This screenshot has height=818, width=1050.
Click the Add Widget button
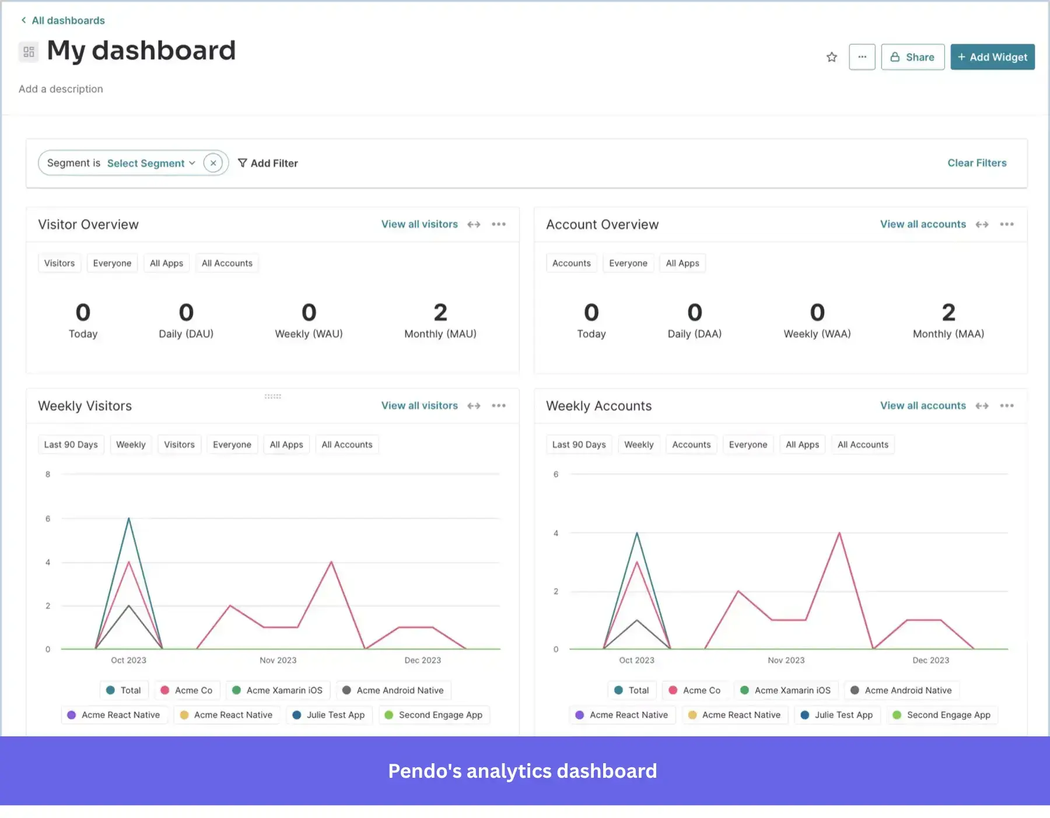992,57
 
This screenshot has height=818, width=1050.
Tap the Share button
912,57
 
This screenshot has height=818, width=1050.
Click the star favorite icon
832,57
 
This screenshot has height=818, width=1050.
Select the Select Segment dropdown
150,163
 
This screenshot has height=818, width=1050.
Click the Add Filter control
268,163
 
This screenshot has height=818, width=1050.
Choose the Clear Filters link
977,163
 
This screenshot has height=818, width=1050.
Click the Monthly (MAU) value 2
440,313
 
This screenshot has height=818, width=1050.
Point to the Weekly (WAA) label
817,334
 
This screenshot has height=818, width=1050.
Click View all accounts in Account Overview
923,224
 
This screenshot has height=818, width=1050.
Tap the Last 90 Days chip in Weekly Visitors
71,445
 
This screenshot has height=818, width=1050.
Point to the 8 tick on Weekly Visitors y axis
48,475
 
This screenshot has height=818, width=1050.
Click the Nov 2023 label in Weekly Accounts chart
786,661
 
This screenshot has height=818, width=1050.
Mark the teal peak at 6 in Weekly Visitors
129,518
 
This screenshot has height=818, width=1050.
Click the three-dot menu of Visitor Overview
499,224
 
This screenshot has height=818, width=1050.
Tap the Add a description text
61,89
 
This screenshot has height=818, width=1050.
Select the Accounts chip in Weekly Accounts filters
691,445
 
